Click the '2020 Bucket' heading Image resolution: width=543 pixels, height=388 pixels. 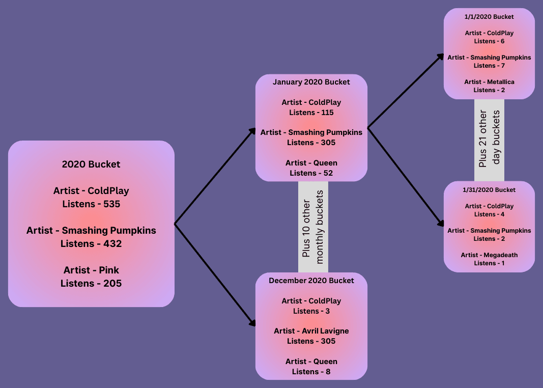pyautogui.click(x=91, y=164)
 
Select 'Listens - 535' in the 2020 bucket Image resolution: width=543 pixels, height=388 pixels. pyautogui.click(x=91, y=204)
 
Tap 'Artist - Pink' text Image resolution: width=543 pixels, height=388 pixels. pyautogui.click(x=91, y=270)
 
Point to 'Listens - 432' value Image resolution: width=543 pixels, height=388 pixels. pyautogui.click(x=91, y=244)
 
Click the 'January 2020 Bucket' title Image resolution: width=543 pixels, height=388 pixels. pyautogui.click(x=311, y=82)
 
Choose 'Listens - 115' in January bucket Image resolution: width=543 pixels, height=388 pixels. pyautogui.click(x=311, y=113)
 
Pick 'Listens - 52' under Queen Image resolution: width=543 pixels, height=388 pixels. pyautogui.click(x=311, y=173)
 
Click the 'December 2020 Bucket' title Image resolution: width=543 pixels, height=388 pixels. pyautogui.click(x=311, y=281)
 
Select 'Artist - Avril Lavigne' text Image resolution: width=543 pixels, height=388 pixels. pyautogui.click(x=311, y=331)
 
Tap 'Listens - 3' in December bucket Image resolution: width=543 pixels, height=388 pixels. pyautogui.click(x=311, y=311)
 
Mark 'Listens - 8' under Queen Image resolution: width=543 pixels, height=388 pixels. pyautogui.click(x=311, y=372)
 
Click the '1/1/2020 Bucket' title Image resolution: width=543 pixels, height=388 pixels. pyautogui.click(x=489, y=17)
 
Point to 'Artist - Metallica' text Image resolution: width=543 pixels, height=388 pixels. pyautogui.click(x=489, y=82)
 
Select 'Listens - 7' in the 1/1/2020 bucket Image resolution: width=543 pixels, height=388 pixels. pyautogui.click(x=489, y=66)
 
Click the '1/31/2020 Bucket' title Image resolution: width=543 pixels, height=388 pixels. pyautogui.click(x=489, y=190)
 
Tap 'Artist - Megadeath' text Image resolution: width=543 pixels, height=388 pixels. pyautogui.click(x=489, y=255)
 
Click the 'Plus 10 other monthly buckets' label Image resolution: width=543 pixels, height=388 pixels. pyautogui.click(x=313, y=227)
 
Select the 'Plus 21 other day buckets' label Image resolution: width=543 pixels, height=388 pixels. pyautogui.click(x=489, y=138)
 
